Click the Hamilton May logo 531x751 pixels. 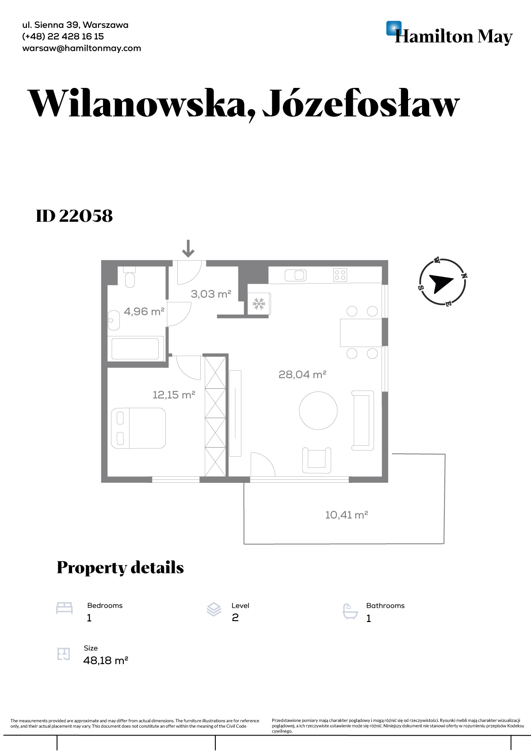pos(449,33)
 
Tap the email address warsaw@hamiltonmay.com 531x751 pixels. pos(81,48)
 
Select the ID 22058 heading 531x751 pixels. pos(74,216)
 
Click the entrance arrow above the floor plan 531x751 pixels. pos(188,248)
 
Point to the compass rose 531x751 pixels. pos(443,282)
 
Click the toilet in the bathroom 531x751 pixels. pos(129,277)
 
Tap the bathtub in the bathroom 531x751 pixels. pos(135,349)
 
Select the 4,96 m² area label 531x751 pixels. pos(144,311)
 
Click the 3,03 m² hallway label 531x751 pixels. pos(211,294)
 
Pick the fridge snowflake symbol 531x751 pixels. pos(259,304)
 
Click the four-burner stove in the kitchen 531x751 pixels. pos(340,275)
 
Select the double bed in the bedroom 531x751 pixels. pos(138,428)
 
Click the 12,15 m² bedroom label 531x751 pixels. pos(174,395)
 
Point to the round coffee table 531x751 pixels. pos(318,410)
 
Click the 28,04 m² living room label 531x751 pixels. pos(302,375)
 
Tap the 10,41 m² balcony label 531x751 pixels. pos(346,515)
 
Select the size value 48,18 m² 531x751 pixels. pos(106,660)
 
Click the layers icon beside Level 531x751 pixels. pos(214,609)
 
